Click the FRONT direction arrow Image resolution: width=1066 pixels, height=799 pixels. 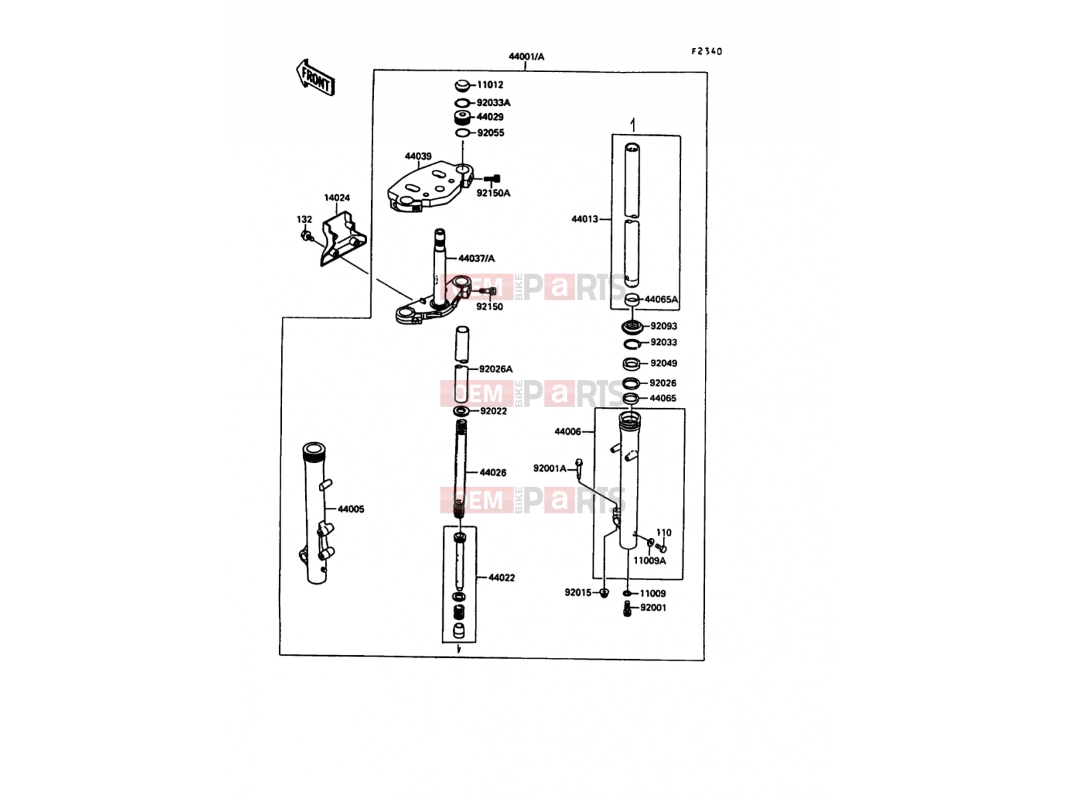point(315,78)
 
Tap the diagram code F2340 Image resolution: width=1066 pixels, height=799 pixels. point(707,51)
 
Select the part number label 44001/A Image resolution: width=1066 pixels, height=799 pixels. point(526,57)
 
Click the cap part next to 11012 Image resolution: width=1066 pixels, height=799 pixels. point(462,86)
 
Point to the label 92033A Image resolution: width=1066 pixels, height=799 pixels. point(494,103)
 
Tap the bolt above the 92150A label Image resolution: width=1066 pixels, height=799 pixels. point(492,178)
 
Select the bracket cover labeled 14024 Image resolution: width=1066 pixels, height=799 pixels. point(343,238)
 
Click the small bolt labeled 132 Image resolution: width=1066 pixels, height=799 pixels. point(306,236)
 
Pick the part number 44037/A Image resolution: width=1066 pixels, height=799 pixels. point(476,258)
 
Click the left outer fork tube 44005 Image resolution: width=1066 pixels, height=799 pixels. point(317,513)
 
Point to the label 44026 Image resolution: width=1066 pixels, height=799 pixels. point(493,473)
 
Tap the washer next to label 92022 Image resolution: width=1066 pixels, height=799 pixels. point(461,411)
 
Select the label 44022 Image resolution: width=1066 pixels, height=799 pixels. point(502,578)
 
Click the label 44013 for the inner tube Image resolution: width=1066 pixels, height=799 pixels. point(585,219)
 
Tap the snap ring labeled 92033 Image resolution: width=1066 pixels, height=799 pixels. point(632,344)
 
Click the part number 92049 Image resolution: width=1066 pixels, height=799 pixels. point(664,364)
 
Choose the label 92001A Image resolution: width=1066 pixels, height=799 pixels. point(550,469)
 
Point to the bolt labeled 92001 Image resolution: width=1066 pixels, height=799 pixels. point(628,609)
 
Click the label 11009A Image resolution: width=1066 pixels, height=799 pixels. point(650,561)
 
